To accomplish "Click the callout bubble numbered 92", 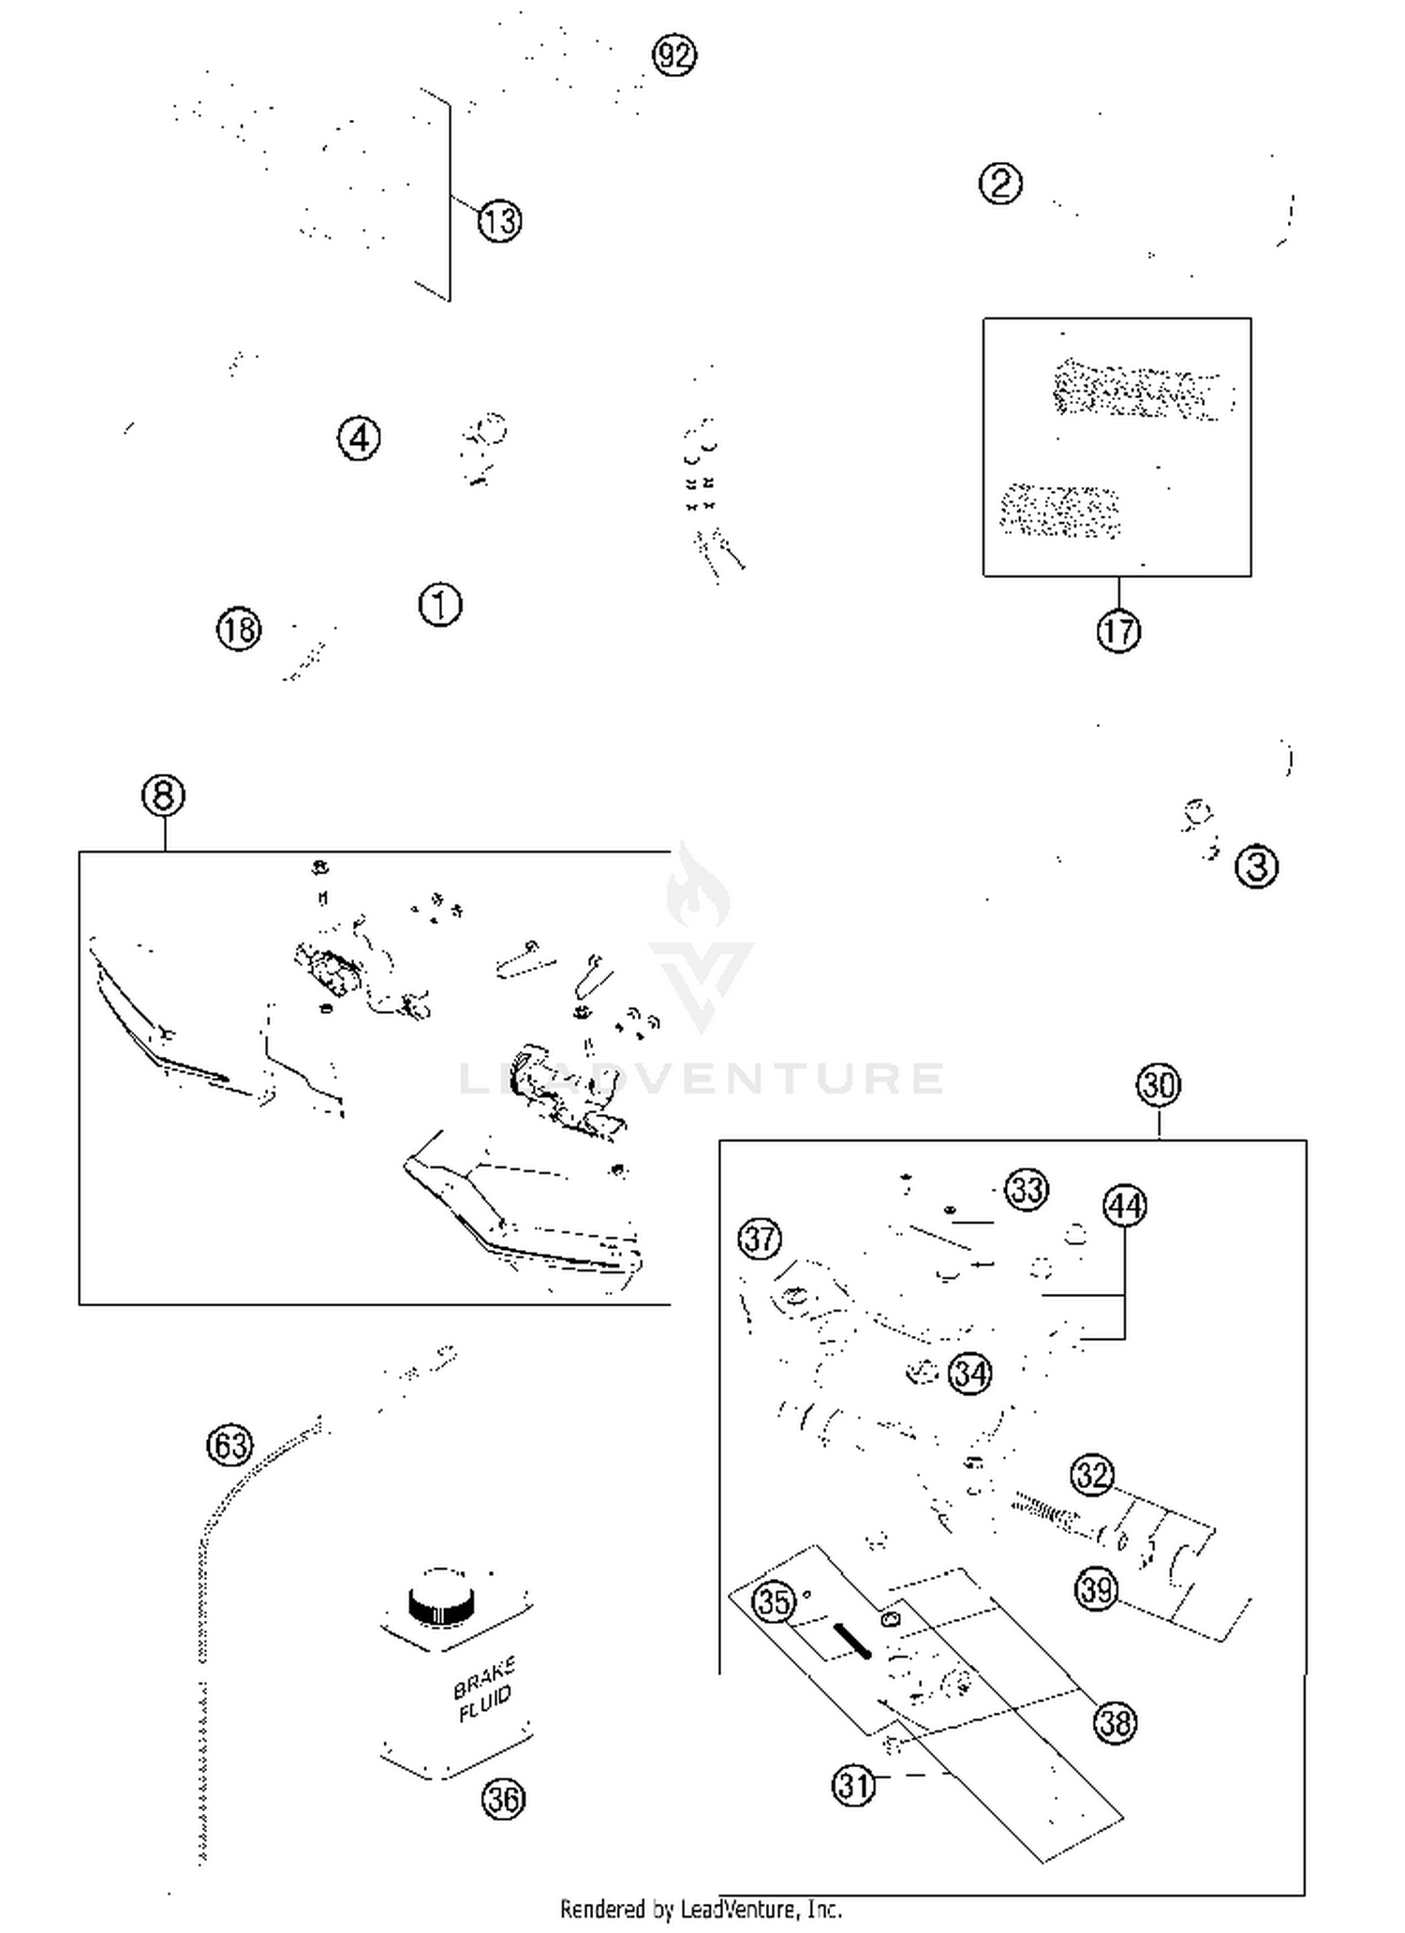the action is click(x=674, y=56).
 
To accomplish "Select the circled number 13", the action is click(x=499, y=222).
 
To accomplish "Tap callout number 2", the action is click(x=1000, y=183).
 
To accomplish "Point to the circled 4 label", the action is click(x=359, y=438).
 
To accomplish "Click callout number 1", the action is click(x=440, y=604).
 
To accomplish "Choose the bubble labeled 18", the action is click(x=239, y=629).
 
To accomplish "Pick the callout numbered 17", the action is click(x=1118, y=631).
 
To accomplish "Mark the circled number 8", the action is click(x=164, y=796).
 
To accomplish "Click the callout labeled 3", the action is click(x=1256, y=867).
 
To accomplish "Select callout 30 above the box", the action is click(x=1159, y=1085).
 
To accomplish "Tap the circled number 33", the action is click(x=1027, y=1190).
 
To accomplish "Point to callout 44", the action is click(x=1125, y=1206).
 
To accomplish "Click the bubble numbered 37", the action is click(x=760, y=1240).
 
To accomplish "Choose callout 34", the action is click(x=970, y=1375).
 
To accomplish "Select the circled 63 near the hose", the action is click(x=230, y=1445).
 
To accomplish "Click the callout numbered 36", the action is click(x=503, y=1799).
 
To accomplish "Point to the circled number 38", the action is click(x=1115, y=1722).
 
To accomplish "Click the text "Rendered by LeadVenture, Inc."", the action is click(x=702, y=1910).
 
